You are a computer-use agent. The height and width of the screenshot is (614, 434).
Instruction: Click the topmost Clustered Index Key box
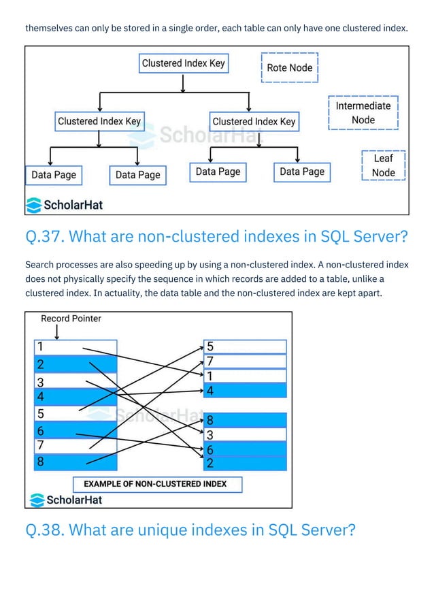pos(183,64)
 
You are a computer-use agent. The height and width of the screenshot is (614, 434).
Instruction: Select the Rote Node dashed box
pos(290,67)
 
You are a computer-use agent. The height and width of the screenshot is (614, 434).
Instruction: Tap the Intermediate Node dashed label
pos(363,113)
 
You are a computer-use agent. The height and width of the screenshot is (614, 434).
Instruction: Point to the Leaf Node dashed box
pos(383,166)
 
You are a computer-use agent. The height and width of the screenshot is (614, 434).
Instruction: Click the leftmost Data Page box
pos(54,175)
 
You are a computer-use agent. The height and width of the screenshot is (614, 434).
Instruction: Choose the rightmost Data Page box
pos(302,172)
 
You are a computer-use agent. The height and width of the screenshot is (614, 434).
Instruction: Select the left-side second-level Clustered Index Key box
pos(99,122)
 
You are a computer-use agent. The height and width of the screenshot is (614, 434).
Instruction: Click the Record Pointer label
pos(71,319)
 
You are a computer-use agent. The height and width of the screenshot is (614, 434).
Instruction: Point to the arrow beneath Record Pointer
pos(56,332)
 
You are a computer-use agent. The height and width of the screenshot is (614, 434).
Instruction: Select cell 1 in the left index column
pos(75,347)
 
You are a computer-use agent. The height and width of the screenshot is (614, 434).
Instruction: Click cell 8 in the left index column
pos(75,463)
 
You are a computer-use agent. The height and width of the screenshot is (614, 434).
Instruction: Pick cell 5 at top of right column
pos(245,346)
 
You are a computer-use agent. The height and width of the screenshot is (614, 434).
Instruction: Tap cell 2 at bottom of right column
pos(245,464)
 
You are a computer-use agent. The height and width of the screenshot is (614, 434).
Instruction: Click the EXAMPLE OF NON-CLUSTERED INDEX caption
pos(155,484)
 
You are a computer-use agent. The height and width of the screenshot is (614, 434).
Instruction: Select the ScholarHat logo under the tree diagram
pos(65,204)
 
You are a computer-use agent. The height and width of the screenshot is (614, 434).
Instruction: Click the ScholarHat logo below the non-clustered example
pos(66,500)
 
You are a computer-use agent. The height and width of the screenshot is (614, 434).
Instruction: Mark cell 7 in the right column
pos(245,361)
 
